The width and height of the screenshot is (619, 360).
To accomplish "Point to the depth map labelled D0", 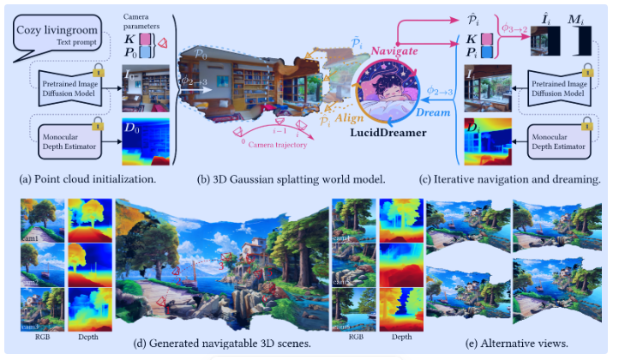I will coord(145,142).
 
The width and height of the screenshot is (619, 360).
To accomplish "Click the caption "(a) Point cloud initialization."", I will coord(81,180).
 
